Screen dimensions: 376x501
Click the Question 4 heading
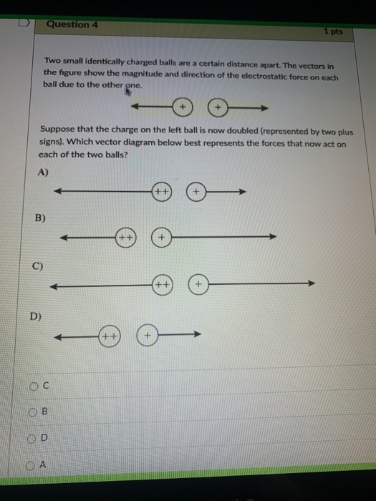(72, 24)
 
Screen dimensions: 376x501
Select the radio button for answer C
(34, 386)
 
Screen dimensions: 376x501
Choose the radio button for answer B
(34, 412)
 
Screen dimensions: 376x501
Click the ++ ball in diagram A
(162, 192)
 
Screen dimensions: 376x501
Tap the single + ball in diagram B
(163, 237)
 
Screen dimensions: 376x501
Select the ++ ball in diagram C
(164, 285)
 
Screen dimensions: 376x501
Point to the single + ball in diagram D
(148, 334)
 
